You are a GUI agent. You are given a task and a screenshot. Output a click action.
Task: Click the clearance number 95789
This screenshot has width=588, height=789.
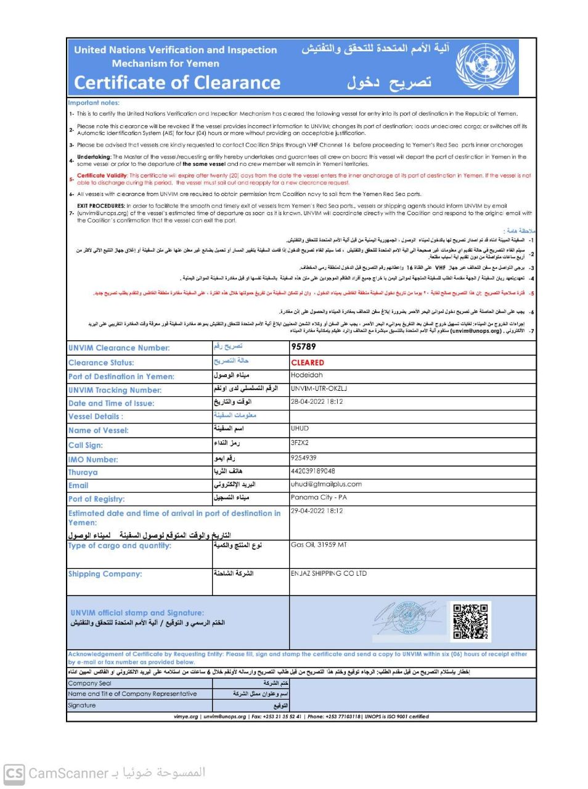click(x=304, y=347)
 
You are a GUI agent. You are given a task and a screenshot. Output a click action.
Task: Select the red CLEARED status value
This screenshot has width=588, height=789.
click(x=308, y=362)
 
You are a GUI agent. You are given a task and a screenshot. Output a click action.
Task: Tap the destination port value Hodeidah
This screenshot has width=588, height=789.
click(x=307, y=375)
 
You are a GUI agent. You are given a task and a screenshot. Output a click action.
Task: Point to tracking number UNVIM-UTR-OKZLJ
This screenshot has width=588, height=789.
click(x=319, y=388)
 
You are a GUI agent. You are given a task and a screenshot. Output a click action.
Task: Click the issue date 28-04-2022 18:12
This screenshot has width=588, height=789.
click(x=317, y=402)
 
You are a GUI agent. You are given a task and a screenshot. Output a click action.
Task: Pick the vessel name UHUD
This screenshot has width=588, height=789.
click(x=300, y=428)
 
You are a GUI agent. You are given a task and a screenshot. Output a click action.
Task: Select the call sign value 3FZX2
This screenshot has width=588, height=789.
click(x=300, y=443)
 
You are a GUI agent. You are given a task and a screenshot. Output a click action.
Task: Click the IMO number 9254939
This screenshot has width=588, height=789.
click(x=304, y=458)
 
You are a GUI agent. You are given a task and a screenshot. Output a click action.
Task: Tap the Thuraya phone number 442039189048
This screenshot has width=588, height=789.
click(x=313, y=471)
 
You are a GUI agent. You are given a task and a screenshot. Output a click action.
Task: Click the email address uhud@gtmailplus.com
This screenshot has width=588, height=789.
click(x=326, y=484)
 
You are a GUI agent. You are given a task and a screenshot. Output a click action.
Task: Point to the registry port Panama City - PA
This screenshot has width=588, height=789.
click(x=319, y=497)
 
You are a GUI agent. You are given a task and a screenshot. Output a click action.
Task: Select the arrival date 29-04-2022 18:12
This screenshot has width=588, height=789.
click(x=317, y=511)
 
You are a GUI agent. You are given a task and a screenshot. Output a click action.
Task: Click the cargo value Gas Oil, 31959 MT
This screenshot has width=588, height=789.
click(x=319, y=545)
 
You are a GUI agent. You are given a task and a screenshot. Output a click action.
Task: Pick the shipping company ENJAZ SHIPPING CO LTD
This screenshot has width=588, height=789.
click(x=329, y=573)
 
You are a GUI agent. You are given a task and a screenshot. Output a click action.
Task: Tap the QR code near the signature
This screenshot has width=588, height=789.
click(x=470, y=621)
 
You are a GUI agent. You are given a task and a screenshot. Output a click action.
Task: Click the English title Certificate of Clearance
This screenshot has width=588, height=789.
click(x=178, y=83)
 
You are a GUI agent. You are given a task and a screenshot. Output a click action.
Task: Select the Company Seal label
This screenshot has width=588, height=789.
click(x=90, y=684)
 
